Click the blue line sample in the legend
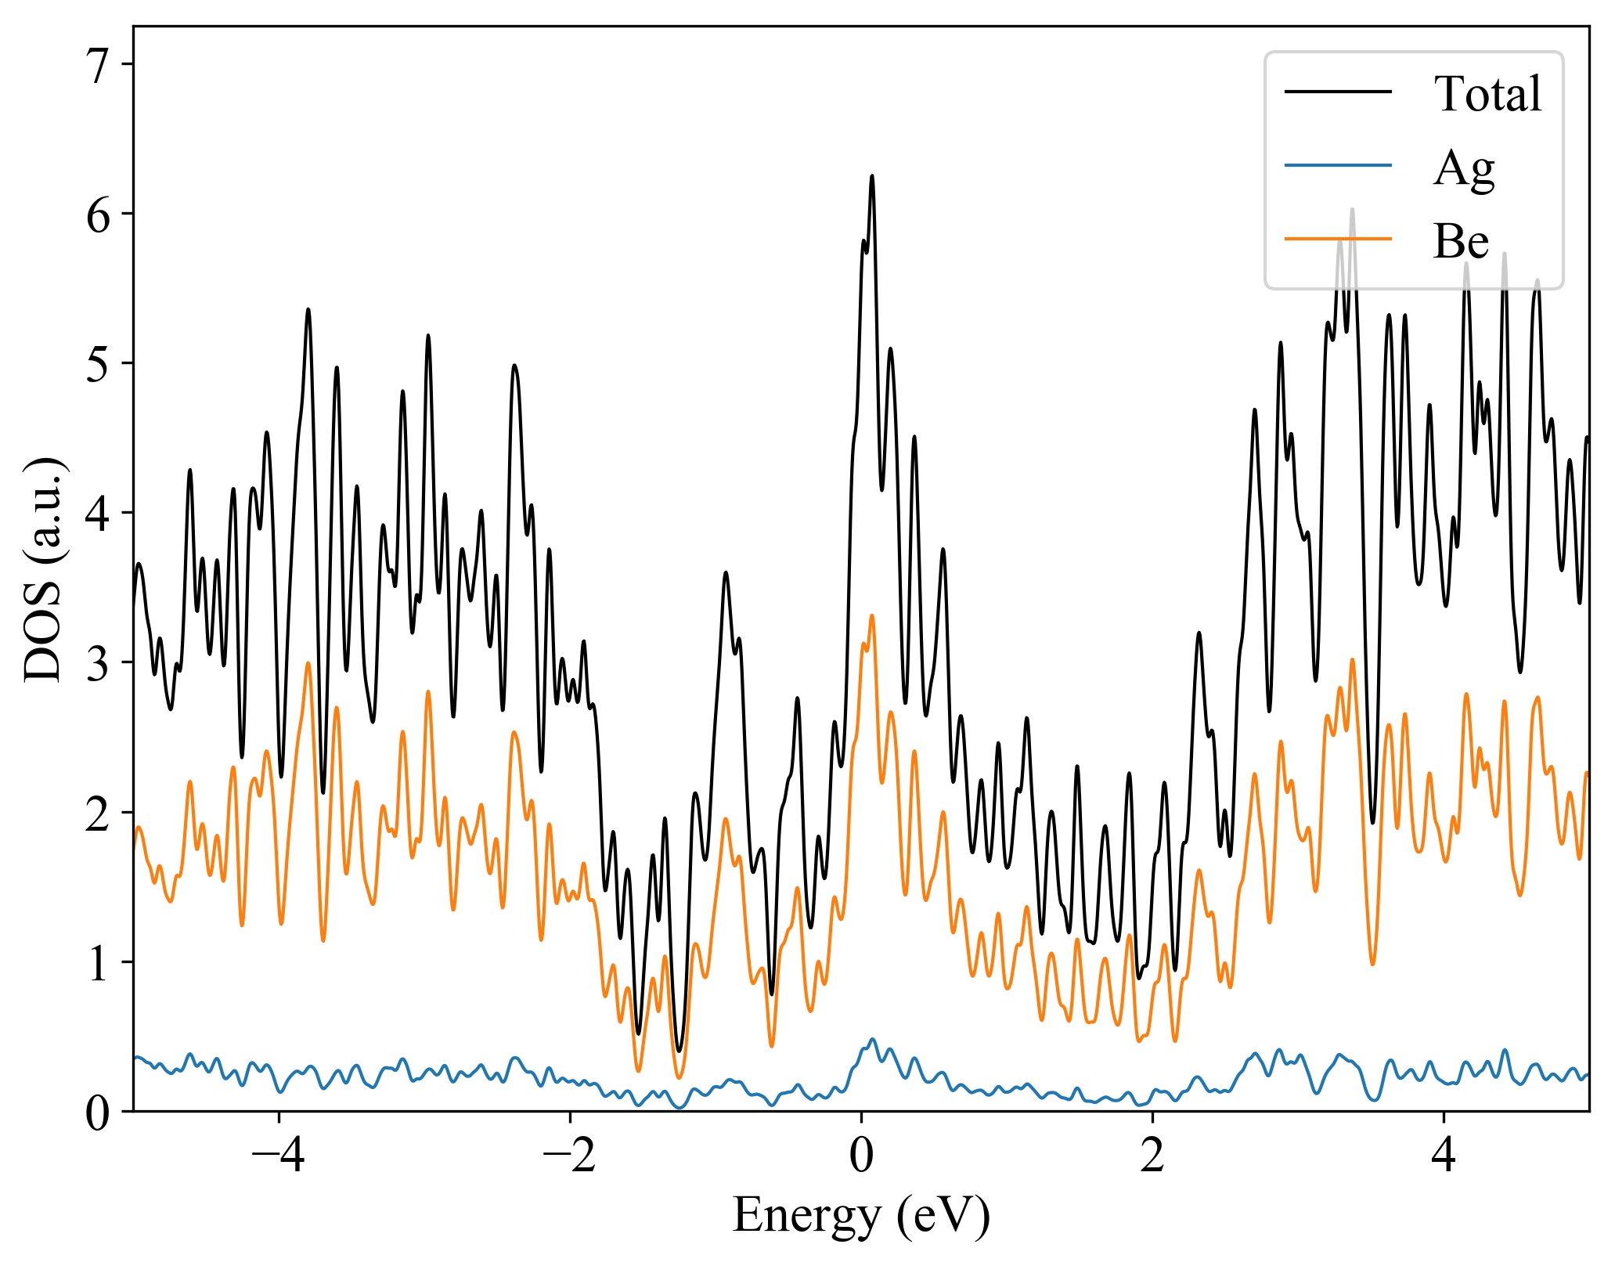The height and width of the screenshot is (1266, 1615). [1338, 165]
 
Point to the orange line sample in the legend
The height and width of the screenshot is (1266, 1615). [1338, 238]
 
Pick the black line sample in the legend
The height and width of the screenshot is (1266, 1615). [1338, 92]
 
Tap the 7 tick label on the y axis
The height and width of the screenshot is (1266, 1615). [99, 66]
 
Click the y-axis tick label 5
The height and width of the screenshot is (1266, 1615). [99, 364]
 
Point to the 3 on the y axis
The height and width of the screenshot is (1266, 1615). [99, 663]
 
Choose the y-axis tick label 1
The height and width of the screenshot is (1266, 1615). [99, 962]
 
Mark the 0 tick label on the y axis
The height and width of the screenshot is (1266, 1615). [99, 1113]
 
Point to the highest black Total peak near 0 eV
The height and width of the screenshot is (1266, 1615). [872, 176]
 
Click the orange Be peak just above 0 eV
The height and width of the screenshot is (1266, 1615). [871, 616]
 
